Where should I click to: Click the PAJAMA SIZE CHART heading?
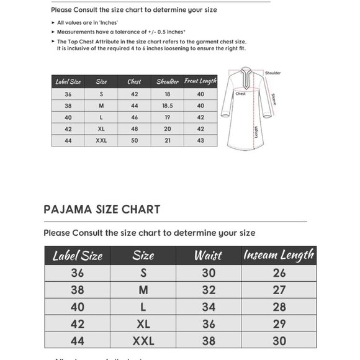[x=102, y=209]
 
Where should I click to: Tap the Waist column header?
[x=208, y=255]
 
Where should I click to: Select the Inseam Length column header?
[x=279, y=255]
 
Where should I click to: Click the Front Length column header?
[x=200, y=81]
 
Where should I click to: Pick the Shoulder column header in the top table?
[x=167, y=81]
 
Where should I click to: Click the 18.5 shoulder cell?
[x=167, y=106]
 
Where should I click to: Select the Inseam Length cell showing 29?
[x=279, y=323]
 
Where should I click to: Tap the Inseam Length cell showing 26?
[x=279, y=272]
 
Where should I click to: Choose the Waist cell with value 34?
[x=208, y=307]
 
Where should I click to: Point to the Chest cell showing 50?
[x=134, y=141]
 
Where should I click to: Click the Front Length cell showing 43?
[x=200, y=141]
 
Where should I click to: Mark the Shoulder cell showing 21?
[x=167, y=141]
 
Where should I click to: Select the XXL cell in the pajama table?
[x=143, y=340]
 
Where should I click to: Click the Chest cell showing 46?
[x=134, y=117]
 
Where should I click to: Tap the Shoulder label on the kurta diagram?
[x=273, y=73]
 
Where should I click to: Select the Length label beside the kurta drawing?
[x=256, y=132]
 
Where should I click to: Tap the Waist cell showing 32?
[x=208, y=289]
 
